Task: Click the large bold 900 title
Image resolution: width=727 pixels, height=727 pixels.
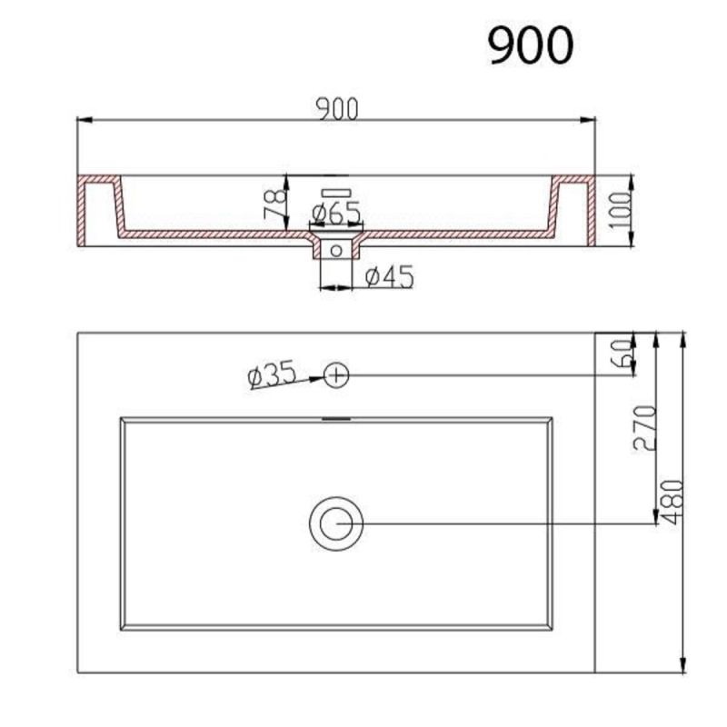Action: tap(531, 45)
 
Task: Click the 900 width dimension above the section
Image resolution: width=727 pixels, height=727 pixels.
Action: tap(337, 109)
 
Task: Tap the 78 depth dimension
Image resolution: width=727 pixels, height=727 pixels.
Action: tap(275, 204)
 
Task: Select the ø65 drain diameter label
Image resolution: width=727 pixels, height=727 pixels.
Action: tap(336, 213)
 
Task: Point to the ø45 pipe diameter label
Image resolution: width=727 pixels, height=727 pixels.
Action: tap(390, 277)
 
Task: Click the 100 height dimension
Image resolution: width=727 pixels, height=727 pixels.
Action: tap(620, 210)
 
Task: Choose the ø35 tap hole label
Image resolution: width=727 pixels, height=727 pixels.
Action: tap(272, 373)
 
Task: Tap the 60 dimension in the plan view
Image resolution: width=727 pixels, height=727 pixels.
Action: tap(622, 354)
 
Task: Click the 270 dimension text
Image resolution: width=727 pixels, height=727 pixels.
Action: tap(644, 427)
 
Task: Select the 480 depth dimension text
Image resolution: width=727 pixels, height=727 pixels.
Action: tap(672, 502)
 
